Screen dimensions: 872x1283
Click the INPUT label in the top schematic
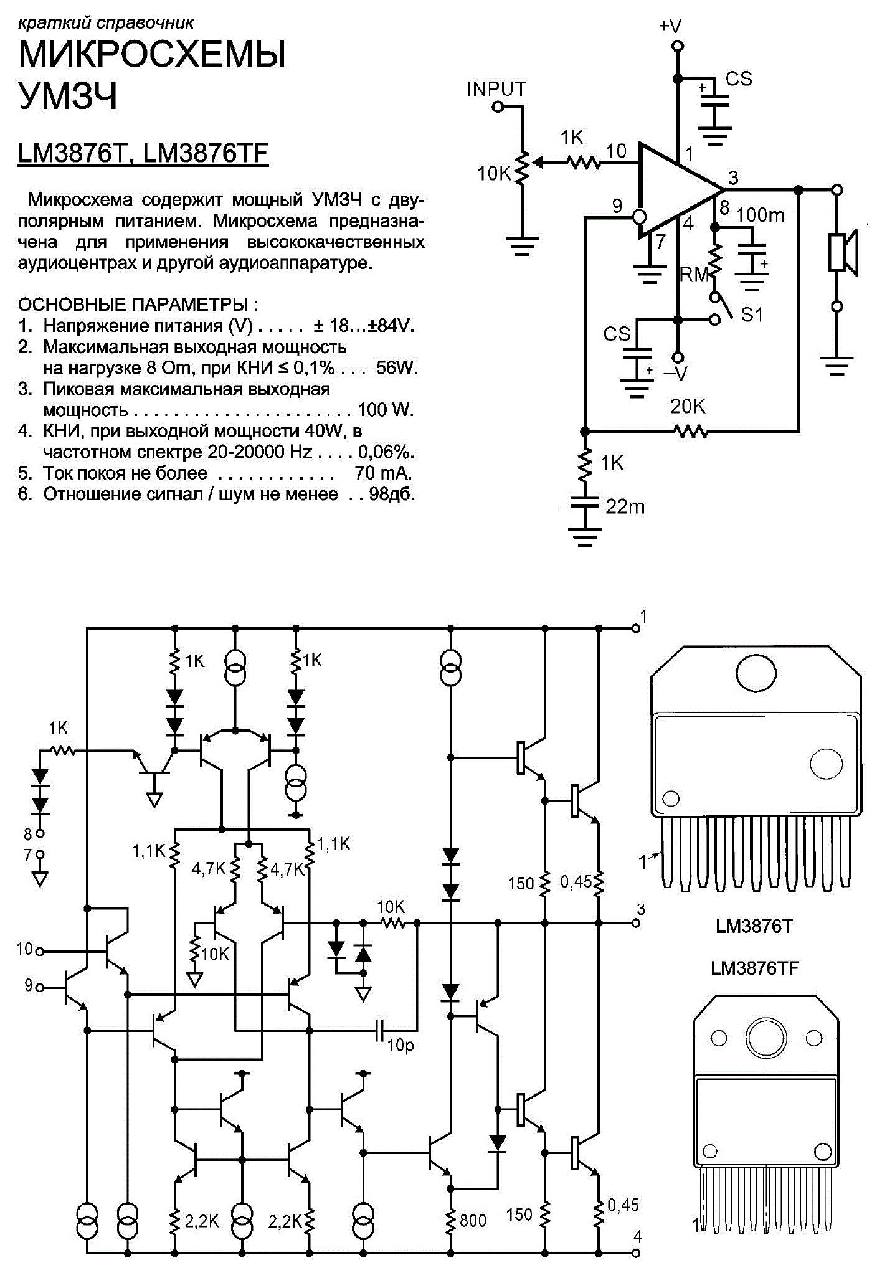(496, 89)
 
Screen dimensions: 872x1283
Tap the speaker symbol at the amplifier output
(844, 252)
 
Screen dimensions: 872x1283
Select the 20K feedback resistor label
(688, 407)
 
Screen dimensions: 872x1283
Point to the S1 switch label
(752, 315)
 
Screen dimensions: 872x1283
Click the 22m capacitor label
(625, 506)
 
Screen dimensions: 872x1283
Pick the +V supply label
(670, 26)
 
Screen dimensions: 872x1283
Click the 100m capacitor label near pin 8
(761, 215)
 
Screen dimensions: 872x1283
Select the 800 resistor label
(473, 1219)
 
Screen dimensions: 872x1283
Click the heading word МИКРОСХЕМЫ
(153, 54)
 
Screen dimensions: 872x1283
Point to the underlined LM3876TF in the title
(206, 154)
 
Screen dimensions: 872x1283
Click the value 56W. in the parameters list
(397, 367)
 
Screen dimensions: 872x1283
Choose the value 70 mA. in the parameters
(383, 473)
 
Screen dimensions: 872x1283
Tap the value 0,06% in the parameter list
(386, 452)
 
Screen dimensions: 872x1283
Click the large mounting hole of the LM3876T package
(756, 673)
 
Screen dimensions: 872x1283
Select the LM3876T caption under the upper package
(754, 926)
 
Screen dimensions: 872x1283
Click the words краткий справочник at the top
(106, 24)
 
